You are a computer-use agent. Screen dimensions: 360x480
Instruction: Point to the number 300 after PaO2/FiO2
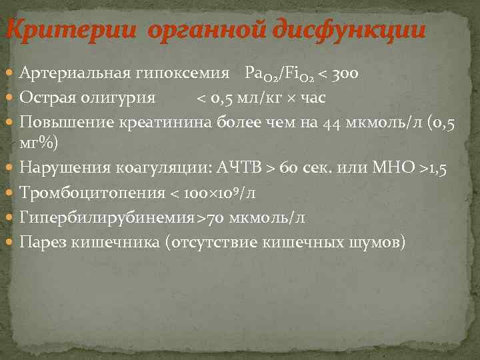[x=345, y=73]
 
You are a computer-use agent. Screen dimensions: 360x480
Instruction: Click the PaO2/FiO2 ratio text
[x=284, y=73]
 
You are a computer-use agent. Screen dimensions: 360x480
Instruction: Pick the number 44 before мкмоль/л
[x=331, y=123]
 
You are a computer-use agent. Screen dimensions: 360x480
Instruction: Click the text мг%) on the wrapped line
[x=39, y=143]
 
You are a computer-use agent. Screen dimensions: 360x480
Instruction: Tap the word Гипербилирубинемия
[x=107, y=217]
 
